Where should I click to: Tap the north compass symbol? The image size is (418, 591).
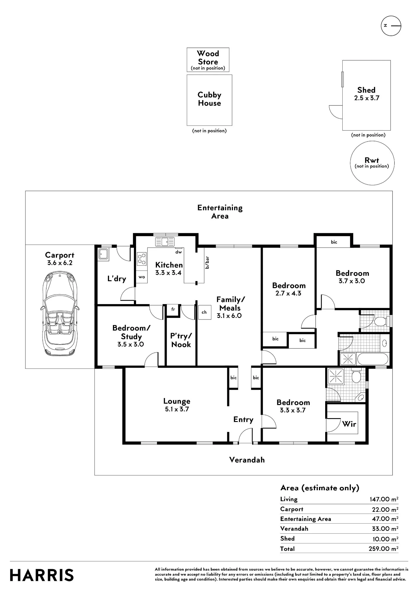pyautogui.click(x=391, y=26)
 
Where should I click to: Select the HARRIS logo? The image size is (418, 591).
pyautogui.click(x=42, y=575)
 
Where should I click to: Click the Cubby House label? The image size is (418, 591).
pyautogui.click(x=209, y=99)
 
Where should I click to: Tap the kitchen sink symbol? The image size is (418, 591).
pyautogui.click(x=165, y=242)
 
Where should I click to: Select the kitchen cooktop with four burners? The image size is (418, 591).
pyautogui.click(x=142, y=259)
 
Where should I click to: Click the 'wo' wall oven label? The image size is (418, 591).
pyautogui.click(x=142, y=277)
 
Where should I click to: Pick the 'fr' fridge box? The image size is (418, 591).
pyautogui.click(x=173, y=309)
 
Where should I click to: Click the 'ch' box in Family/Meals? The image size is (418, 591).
pyautogui.click(x=204, y=312)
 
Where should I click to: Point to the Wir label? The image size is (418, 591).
pyautogui.click(x=349, y=424)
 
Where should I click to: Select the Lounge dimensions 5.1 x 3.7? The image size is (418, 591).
pyautogui.click(x=177, y=409)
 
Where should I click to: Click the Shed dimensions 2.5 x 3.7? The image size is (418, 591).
pyautogui.click(x=367, y=98)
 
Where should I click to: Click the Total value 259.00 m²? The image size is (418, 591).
pyautogui.click(x=383, y=549)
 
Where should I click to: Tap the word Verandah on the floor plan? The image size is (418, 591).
pyautogui.click(x=247, y=460)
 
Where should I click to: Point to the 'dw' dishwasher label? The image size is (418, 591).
pyautogui.click(x=178, y=252)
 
